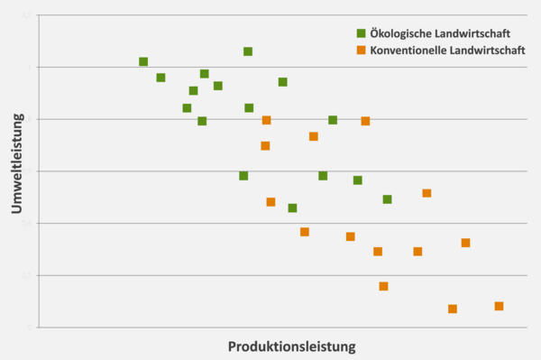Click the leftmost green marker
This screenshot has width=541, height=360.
143,61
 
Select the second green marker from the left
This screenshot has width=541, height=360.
160,78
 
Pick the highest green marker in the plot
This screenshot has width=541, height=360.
248,51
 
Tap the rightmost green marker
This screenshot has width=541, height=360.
387,199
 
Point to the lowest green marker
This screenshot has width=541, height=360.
292,208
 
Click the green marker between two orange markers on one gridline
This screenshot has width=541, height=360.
333,120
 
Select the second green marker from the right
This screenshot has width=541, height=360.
358,180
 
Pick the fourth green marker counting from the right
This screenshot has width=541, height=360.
323,176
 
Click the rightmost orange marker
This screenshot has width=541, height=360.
499,306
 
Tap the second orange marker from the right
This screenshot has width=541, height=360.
465,243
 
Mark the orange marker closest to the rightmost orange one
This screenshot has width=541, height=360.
453,309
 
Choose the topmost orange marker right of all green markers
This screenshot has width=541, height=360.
426,193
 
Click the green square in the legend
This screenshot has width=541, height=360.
361,33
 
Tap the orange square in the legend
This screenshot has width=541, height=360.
361,51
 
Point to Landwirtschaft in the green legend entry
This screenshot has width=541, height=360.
480,33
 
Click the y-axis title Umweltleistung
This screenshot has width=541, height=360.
17,171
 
